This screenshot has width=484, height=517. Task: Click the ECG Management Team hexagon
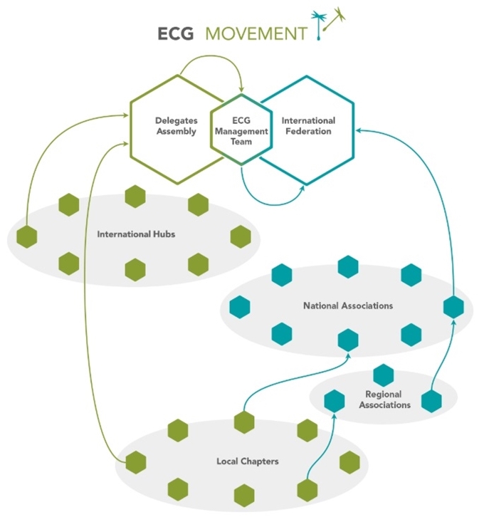242,131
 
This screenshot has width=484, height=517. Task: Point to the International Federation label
308,126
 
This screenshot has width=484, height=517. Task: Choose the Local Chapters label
247,461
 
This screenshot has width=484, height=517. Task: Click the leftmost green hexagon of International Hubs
27,236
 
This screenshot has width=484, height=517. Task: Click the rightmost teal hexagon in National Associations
453,307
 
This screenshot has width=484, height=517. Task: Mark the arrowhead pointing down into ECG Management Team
241,90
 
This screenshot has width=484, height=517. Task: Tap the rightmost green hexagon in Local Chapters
349,461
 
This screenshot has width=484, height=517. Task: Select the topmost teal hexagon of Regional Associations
384,375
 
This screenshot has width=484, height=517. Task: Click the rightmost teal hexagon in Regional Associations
431,400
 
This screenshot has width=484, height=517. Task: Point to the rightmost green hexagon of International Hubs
241,236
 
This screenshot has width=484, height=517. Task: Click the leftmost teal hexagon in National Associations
240,307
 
